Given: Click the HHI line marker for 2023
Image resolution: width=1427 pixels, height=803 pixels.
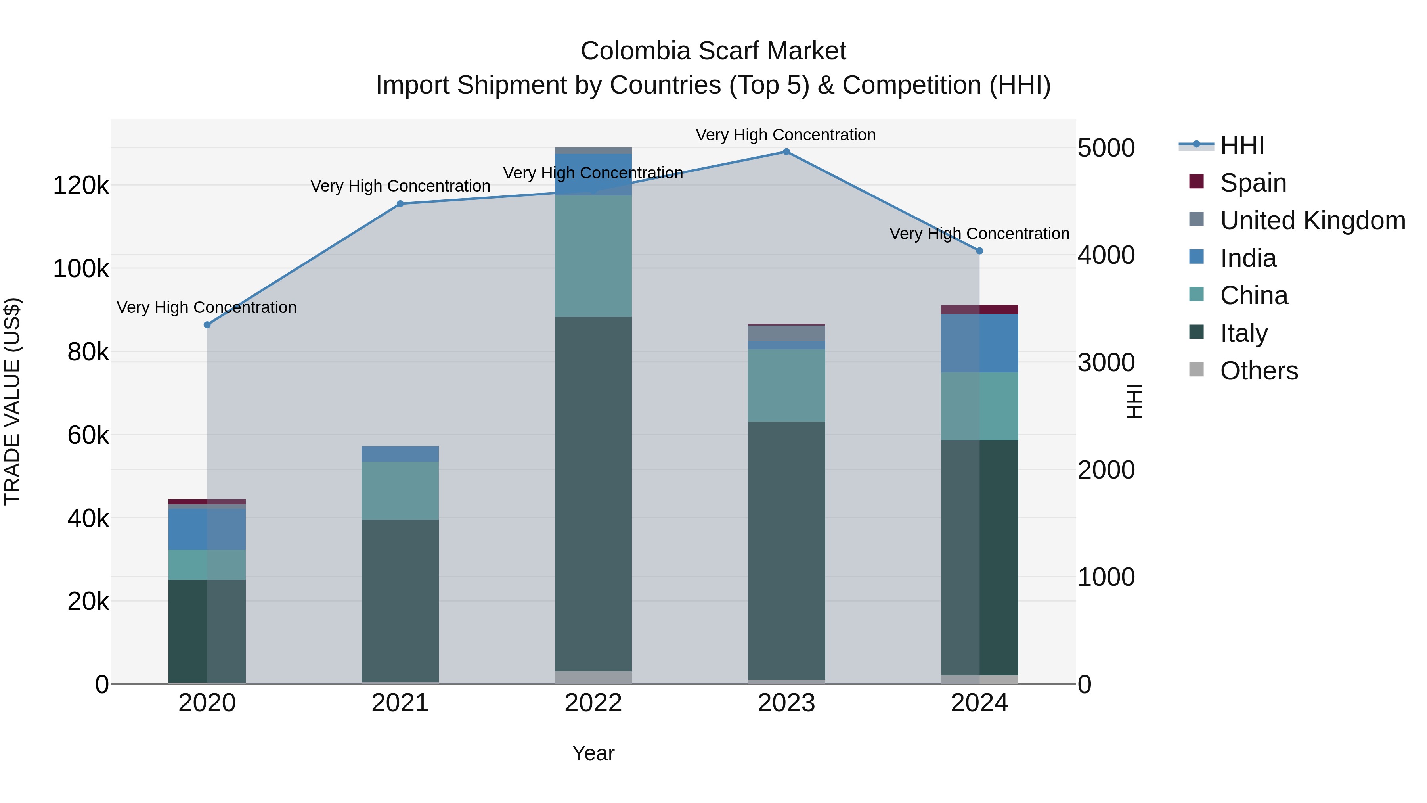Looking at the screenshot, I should [x=786, y=152].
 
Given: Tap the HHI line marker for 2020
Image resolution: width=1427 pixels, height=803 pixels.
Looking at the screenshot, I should [x=207, y=325].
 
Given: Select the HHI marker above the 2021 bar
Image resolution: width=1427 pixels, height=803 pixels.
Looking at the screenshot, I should [x=400, y=204].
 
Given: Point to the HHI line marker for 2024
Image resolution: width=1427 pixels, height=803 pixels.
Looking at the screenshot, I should [x=979, y=251].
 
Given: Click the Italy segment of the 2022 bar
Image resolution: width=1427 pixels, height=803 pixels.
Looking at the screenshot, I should [x=593, y=493].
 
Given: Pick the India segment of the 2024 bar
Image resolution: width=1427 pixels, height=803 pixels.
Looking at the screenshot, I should [x=979, y=343].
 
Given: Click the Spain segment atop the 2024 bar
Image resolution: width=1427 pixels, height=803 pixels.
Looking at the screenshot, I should [x=979, y=309].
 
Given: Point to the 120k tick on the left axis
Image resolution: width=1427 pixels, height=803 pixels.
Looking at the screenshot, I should [x=81, y=186].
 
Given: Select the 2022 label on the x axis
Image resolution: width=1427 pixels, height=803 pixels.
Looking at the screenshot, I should [x=593, y=703].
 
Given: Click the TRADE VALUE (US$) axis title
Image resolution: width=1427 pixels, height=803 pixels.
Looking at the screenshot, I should [x=12, y=401].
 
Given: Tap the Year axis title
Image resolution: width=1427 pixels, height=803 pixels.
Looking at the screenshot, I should [x=593, y=753].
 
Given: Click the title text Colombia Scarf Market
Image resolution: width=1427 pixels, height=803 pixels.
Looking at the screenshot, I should [x=713, y=51].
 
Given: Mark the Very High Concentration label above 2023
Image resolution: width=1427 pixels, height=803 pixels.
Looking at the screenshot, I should [x=786, y=135].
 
